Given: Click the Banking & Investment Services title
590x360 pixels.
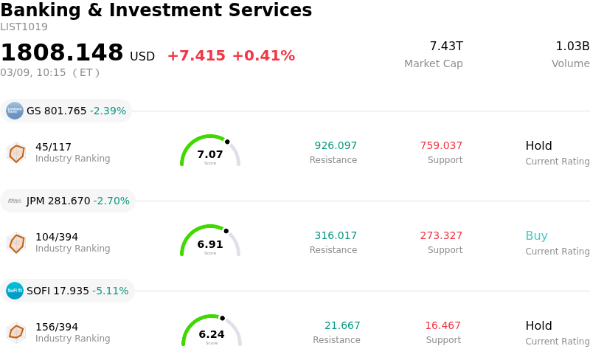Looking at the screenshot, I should point(156,10).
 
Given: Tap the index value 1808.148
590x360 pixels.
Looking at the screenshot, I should point(62,53).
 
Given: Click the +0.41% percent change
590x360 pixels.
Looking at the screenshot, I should point(263,56).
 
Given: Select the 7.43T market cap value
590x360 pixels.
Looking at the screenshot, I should point(446,46).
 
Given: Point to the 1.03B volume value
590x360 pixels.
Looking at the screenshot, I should point(572,46).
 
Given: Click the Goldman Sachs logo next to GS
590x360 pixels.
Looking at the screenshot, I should point(15,111).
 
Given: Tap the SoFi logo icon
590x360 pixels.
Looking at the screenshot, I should point(15,291).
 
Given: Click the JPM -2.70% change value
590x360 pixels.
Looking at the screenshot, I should point(111,201).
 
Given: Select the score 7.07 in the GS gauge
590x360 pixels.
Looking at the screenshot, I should point(210,154).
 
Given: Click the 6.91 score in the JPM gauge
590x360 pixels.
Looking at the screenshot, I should point(210,244).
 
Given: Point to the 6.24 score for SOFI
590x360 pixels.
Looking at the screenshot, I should point(212,334).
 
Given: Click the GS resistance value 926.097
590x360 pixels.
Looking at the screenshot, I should point(336,146).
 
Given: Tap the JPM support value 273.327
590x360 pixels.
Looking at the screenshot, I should point(441,236).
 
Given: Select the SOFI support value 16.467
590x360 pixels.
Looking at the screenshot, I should point(442,326).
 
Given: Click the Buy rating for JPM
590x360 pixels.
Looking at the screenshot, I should point(536,236).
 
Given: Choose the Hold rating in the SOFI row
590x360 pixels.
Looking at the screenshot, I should point(538,326).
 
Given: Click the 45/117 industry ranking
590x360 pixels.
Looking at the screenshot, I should point(53,147).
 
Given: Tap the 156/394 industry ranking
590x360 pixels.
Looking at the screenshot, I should point(57,327).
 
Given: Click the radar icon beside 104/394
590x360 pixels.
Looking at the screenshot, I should point(16,243).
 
